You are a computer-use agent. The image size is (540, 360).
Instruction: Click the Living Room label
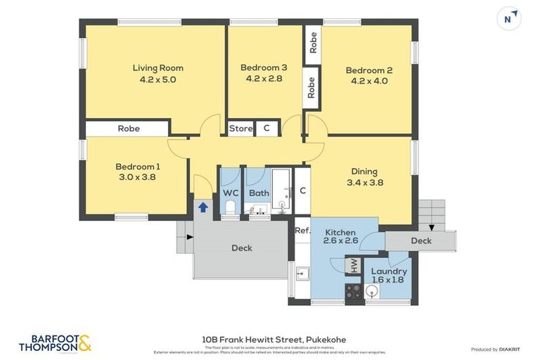[x=157, y=68]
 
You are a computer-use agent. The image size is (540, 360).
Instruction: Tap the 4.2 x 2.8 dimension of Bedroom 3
[x=264, y=79]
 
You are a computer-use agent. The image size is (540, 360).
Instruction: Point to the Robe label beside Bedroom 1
[x=129, y=129]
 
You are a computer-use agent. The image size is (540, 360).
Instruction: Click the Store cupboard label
[x=240, y=129]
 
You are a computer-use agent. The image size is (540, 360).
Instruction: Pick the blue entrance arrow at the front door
[x=202, y=207]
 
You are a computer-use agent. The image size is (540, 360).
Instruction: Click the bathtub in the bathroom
[x=281, y=190]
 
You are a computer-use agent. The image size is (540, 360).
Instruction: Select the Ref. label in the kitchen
[x=302, y=230]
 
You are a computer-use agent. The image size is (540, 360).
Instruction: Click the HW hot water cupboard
[x=354, y=265]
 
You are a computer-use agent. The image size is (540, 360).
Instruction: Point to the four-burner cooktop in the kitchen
[x=353, y=292]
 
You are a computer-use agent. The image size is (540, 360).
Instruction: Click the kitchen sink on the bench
[x=302, y=274]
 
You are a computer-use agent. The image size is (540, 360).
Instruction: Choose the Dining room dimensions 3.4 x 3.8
[x=364, y=182]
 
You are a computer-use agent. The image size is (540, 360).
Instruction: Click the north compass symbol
[x=508, y=19]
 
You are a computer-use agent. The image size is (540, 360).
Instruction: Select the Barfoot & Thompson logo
[x=55, y=343]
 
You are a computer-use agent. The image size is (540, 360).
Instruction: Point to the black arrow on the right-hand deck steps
[x=430, y=228]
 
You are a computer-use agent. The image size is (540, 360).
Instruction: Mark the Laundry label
[x=389, y=271]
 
